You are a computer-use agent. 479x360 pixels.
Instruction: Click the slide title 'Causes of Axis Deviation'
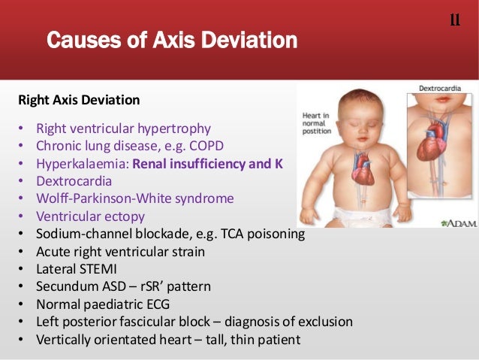point(172,39)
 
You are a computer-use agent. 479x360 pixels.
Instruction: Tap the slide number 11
point(454,20)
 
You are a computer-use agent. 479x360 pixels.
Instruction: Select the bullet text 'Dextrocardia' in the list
point(74,181)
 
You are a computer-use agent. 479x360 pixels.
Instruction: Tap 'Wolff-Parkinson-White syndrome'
point(135,199)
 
